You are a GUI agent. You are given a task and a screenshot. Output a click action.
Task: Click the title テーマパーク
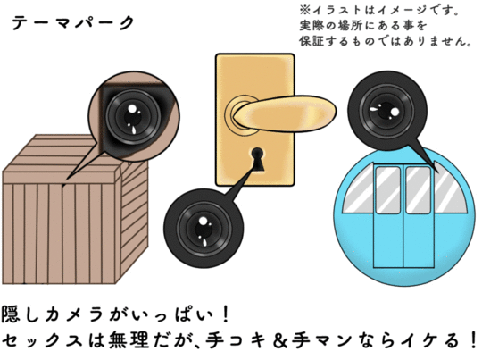(x=73, y=22)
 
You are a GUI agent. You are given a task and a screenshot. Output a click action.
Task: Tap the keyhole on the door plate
(x=258, y=159)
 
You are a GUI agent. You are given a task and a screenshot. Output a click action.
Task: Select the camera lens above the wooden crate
(x=133, y=117)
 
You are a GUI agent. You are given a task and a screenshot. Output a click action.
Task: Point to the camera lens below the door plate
(x=204, y=229)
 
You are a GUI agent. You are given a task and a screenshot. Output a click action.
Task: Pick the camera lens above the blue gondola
(x=386, y=110)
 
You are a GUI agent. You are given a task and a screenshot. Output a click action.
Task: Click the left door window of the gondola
(x=388, y=190)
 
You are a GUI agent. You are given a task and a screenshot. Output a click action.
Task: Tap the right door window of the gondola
(x=418, y=190)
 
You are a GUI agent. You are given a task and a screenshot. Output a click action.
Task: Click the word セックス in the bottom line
(x=42, y=340)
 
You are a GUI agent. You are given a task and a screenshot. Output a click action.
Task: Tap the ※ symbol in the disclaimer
(x=305, y=10)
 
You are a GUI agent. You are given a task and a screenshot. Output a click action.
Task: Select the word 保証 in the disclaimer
(x=312, y=40)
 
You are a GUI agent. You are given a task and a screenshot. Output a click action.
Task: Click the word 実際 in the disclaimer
(x=312, y=25)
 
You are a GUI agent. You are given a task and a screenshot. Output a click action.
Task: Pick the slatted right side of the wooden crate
(x=132, y=219)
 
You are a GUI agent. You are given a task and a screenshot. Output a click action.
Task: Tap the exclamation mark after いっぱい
(x=226, y=314)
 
